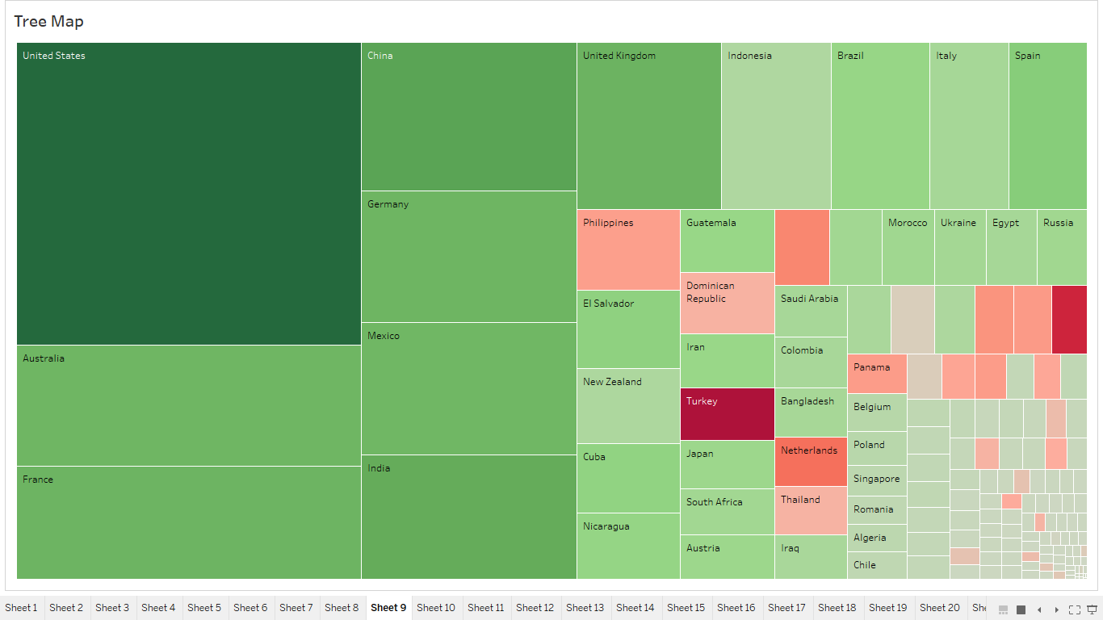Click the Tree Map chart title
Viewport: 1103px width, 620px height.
point(48,22)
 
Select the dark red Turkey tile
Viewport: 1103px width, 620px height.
point(727,414)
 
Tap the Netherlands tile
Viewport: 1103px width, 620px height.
point(811,462)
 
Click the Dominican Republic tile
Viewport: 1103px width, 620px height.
point(727,304)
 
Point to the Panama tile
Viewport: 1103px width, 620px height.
point(877,374)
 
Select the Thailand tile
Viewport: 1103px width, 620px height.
point(811,510)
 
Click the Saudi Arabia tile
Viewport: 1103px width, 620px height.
point(811,311)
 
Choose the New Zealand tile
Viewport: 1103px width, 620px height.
point(628,406)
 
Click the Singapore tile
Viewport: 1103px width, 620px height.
point(877,480)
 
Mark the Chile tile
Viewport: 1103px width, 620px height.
point(877,565)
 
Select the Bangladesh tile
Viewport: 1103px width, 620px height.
point(811,413)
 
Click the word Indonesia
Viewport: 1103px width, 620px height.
point(749,56)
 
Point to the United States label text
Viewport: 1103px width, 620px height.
point(53,56)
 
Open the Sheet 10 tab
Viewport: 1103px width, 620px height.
point(436,608)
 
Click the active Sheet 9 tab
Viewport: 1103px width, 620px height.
point(388,608)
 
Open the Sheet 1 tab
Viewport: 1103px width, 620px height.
point(21,608)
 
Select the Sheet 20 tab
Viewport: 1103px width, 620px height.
point(939,608)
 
